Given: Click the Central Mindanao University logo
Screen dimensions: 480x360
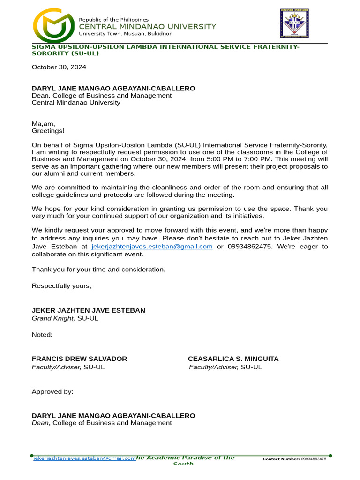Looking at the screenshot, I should coord(53,26).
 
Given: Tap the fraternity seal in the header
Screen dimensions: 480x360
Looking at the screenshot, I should coord(294,23).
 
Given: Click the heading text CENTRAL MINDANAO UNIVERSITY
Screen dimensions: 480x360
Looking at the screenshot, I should coord(147,27).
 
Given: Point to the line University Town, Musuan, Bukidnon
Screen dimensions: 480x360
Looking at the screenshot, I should coord(126,34).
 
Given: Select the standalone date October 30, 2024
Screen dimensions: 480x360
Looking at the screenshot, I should coord(59,67).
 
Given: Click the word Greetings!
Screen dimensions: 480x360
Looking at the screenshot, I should coord(48,131).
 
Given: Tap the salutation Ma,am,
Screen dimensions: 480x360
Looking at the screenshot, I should coord(43,124).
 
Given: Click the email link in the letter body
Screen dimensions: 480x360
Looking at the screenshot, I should coord(152,247).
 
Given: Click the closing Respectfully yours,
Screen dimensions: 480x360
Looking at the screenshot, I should coord(61,285).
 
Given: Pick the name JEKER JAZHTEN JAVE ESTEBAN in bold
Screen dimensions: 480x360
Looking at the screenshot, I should coord(89,310).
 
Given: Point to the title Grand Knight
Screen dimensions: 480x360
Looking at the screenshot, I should coord(53,318).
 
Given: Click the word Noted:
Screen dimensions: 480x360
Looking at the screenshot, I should coord(42,335).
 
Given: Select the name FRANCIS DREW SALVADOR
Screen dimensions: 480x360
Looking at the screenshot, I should coord(79,359).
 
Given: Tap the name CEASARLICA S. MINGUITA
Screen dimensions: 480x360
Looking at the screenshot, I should coord(233,359).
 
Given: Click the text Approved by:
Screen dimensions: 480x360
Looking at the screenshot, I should coord(52,392).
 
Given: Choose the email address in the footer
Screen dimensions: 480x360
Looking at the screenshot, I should coord(84,458).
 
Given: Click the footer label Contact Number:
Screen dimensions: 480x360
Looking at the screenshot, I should coord(281,459).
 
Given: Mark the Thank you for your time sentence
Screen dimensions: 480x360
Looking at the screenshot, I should coord(98,270).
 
